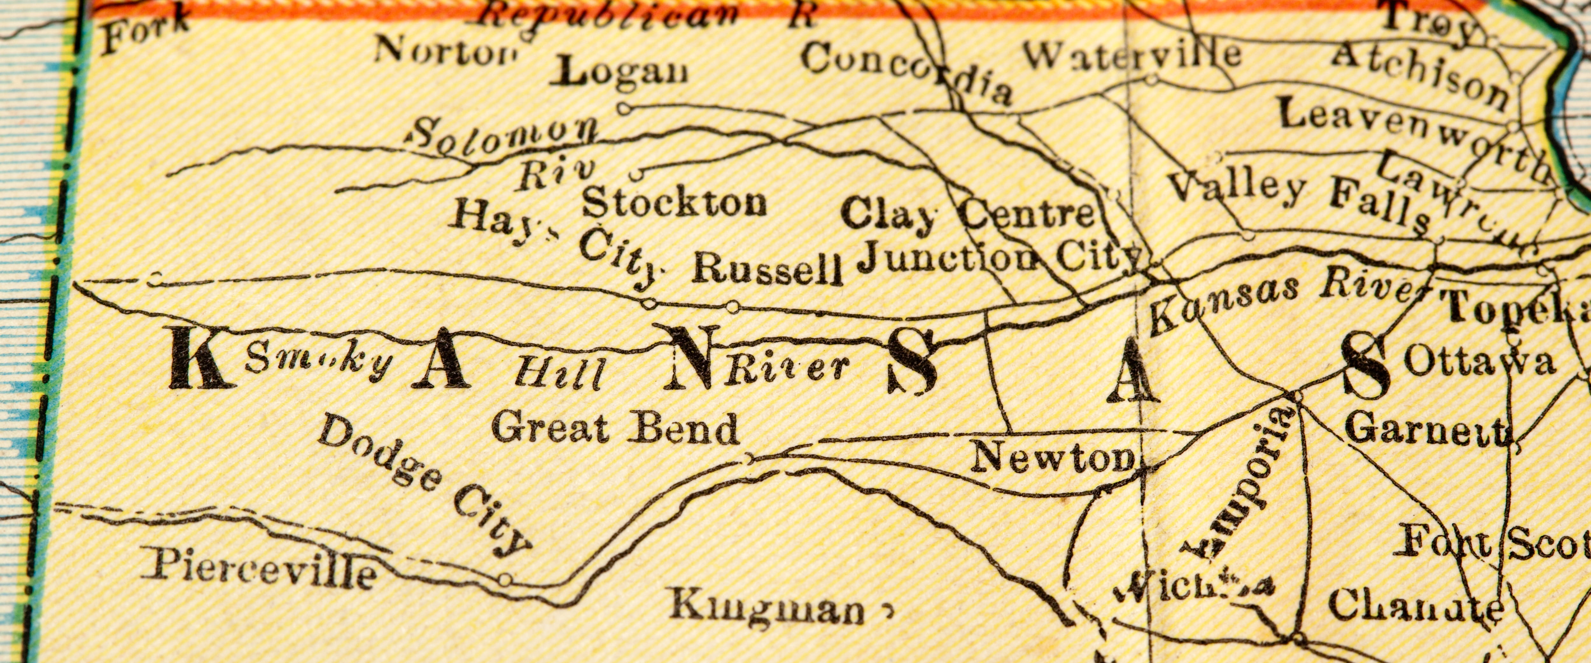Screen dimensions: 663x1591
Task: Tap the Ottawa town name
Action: pos(1479,362)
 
